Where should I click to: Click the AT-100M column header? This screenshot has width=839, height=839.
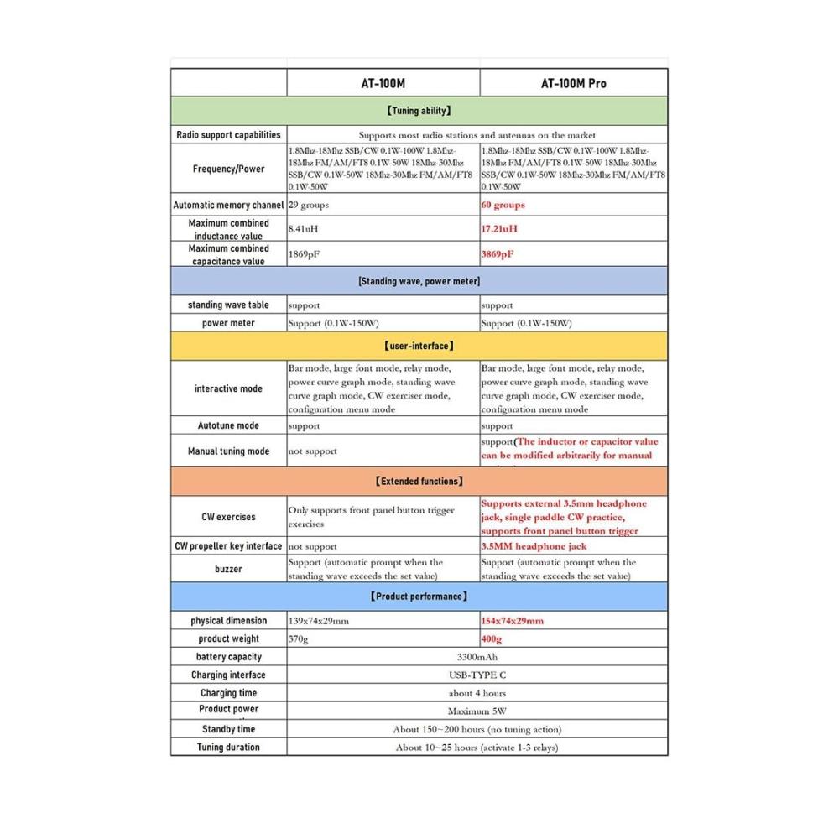383,83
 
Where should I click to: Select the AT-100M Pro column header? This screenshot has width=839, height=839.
573,83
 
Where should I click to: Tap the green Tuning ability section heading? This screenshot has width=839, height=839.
419,110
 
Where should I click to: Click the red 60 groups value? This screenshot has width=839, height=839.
503,205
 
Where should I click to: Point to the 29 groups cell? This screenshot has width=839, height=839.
309,205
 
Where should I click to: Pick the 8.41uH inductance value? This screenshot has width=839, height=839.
303,228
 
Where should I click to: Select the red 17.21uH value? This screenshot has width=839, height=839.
499,228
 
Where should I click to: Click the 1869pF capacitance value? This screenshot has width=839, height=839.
301,253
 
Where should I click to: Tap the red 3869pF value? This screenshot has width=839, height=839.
498,253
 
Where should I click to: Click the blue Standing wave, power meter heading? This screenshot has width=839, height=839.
419,281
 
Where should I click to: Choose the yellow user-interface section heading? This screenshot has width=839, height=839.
419,345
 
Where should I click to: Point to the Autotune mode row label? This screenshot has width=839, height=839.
228,425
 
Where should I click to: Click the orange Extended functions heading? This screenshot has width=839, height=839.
419,481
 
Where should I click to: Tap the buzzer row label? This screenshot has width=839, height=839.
228,569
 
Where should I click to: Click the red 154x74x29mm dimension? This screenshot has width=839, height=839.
513,621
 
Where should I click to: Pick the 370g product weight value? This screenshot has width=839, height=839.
299,639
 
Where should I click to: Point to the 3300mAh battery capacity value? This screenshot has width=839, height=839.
477,657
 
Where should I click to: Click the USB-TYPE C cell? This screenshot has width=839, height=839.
477,675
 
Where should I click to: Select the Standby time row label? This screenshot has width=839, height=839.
228,729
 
